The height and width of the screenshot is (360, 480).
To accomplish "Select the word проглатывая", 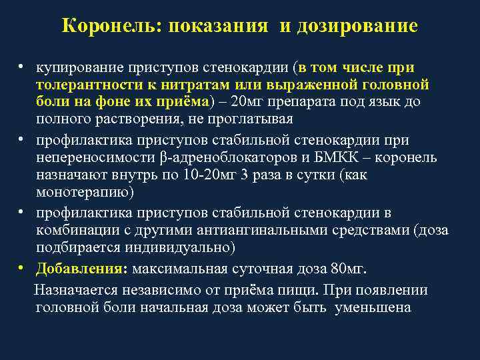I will coord(255,119).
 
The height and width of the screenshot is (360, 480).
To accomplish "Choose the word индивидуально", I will coord(177,247).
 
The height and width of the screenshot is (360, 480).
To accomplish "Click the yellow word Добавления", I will coord(77,269).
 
